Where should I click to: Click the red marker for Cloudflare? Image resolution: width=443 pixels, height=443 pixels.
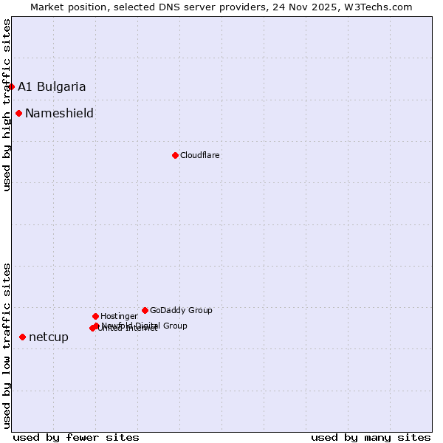pyautogui.click(x=175, y=155)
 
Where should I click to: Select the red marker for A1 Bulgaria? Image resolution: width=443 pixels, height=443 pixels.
pyautogui.click(x=11, y=86)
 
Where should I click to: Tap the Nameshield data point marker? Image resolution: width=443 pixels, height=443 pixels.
pyautogui.click(x=18, y=113)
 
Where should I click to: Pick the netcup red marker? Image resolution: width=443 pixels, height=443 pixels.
pyautogui.click(x=22, y=337)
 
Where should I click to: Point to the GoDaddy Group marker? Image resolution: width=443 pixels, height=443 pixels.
pyautogui.click(x=145, y=310)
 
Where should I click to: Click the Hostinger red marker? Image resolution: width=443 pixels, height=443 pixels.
pyautogui.click(x=95, y=316)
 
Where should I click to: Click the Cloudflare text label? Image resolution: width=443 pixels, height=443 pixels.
pyautogui.click(x=200, y=155)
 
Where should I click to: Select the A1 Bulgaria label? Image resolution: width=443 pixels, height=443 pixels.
pyautogui.click(x=52, y=86)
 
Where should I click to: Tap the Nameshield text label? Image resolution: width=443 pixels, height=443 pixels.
pyautogui.click(x=59, y=113)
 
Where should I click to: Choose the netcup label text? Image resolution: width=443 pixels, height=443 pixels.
pyautogui.click(x=49, y=337)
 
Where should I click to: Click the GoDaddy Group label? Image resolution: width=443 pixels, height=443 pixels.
pyautogui.click(x=181, y=310)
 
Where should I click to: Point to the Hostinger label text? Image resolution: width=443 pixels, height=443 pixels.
pyautogui.click(x=119, y=316)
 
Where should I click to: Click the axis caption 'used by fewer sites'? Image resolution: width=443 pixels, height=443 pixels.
pyautogui.click(x=76, y=437)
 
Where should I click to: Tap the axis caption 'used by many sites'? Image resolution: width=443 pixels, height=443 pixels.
pyautogui.click(x=371, y=437)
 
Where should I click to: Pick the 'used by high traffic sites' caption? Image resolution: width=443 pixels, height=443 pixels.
pyautogui.click(x=7, y=105)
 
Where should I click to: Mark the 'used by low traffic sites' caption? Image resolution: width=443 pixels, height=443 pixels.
pyautogui.click(x=7, y=345)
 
